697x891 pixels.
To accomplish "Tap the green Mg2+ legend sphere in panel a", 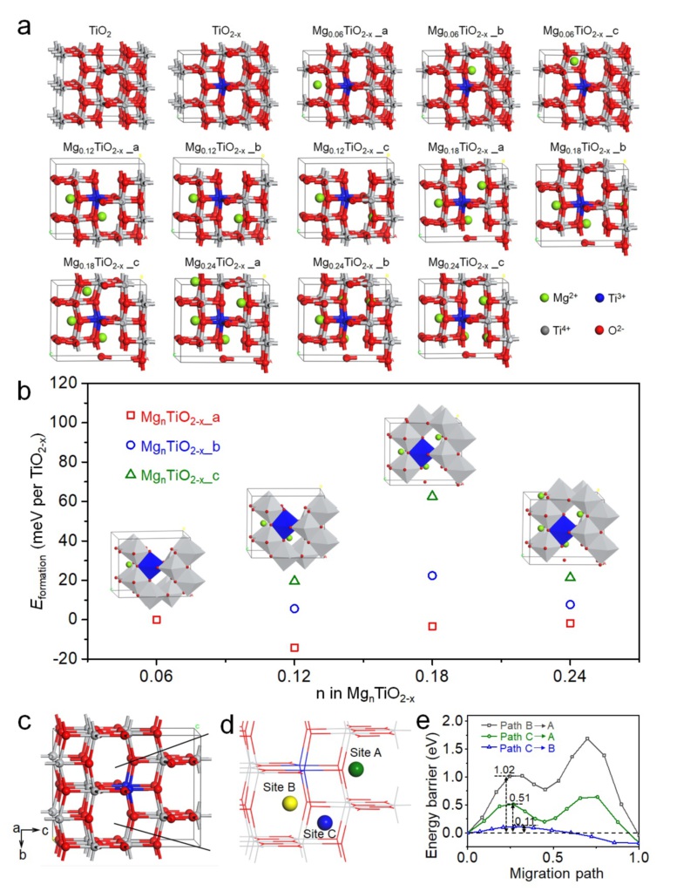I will point(546,296).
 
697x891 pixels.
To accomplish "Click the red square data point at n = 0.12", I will point(294,648).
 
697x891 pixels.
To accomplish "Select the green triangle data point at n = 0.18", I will point(432,496).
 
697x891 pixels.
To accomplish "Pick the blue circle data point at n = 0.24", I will point(571,604).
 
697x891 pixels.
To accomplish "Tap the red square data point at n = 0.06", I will point(157,620).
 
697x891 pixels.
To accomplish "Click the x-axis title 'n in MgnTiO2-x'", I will point(363,697).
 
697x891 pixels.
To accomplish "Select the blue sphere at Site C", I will point(325,823).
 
